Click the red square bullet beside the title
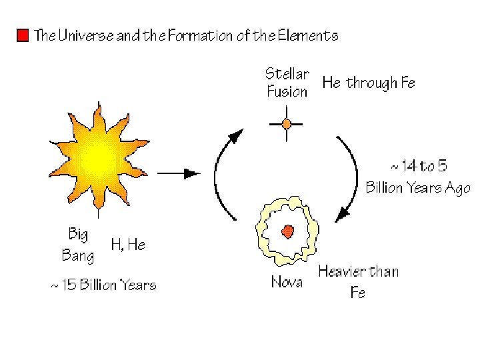point(23,35)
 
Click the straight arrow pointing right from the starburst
point(179,173)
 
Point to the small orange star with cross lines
point(287,123)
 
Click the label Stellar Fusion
point(287,82)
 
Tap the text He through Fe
point(369,83)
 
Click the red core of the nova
point(287,231)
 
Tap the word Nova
point(287,283)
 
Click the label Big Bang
point(78,244)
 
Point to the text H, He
point(127,245)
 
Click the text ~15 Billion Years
point(103,286)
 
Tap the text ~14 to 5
point(418,165)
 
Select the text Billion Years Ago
point(418,188)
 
